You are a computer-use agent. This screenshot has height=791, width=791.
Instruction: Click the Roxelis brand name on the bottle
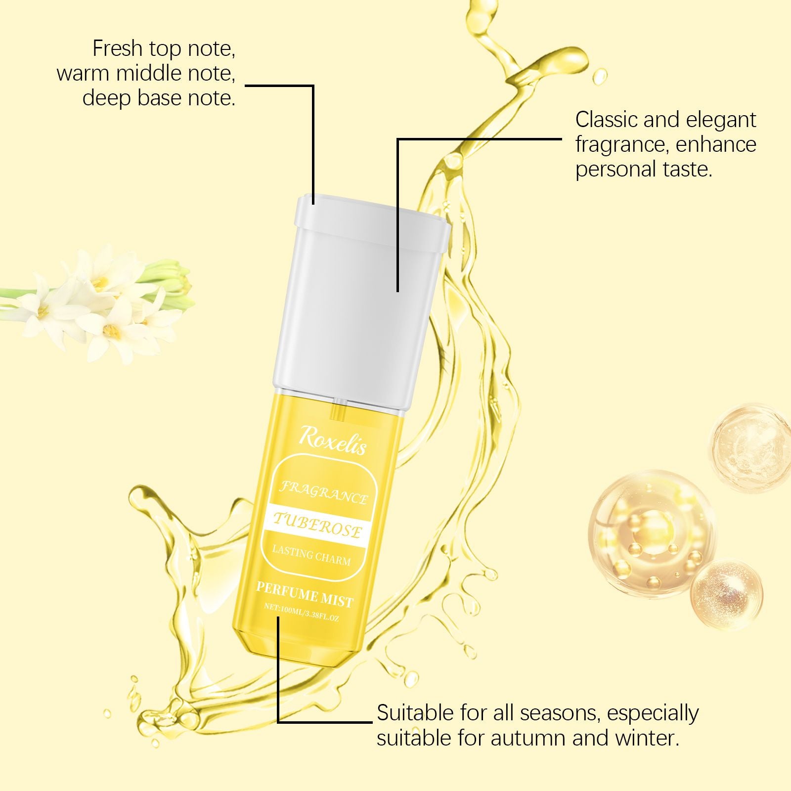332,439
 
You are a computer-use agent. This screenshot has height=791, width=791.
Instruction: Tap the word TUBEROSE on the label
317,526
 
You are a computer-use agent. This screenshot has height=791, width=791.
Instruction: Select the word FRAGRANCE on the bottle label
324,492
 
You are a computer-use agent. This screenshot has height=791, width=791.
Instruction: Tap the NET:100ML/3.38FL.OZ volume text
302,613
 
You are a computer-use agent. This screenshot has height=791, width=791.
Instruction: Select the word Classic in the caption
608,120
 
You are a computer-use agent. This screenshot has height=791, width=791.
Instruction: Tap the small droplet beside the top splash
600,77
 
